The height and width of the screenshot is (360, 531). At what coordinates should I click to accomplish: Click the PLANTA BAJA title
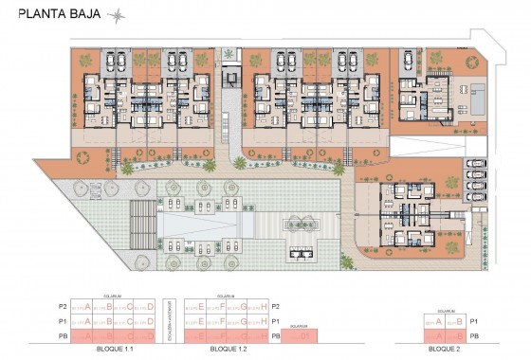[58, 14]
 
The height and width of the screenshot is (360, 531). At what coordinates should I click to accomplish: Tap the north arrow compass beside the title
[117, 14]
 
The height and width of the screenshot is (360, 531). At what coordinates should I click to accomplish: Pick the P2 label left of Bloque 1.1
[63, 307]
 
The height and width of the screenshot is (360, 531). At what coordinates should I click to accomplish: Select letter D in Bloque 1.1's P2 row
[152, 307]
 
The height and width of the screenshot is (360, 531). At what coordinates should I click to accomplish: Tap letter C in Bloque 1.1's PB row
[131, 336]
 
